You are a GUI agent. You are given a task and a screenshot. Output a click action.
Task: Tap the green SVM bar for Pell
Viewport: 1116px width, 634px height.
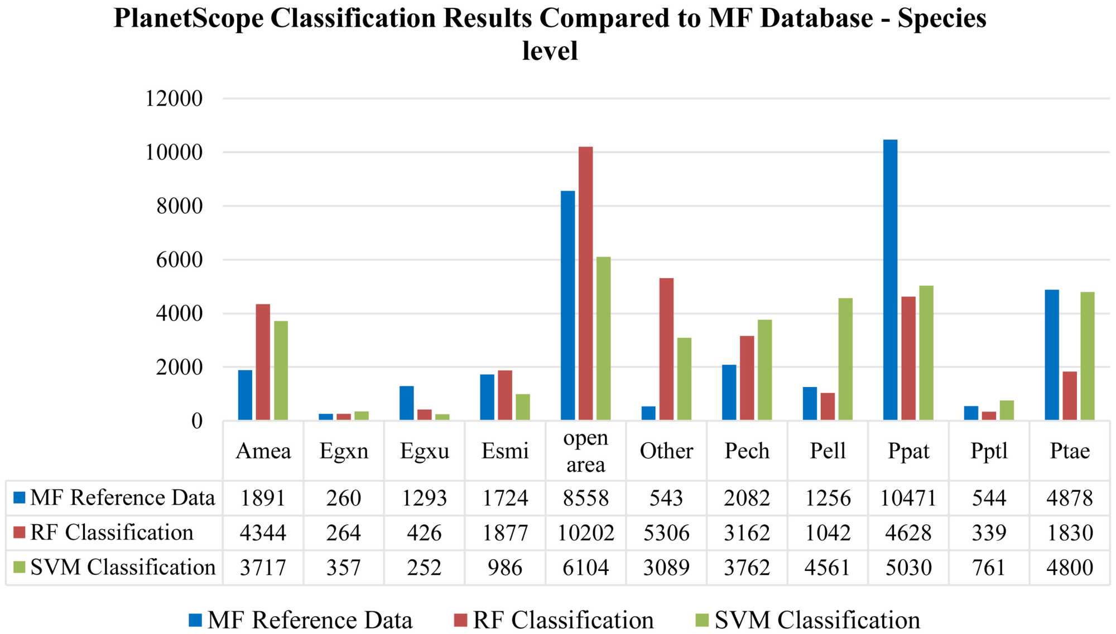(x=845, y=359)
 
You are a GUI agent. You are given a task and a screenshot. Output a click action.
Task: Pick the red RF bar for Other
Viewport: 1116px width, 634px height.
(x=666, y=349)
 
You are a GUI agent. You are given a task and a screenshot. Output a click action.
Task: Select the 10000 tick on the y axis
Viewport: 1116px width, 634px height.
(x=174, y=152)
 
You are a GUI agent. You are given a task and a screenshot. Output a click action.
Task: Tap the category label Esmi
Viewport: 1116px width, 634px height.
(x=505, y=451)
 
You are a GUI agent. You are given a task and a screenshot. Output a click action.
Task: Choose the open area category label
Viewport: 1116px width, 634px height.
(x=585, y=451)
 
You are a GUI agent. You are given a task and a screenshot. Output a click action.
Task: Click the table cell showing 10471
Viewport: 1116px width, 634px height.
(x=908, y=498)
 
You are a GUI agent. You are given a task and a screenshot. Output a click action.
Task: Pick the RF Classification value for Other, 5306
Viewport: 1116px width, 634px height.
(x=666, y=533)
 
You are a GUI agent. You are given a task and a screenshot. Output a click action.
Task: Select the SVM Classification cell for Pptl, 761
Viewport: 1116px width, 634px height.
(x=988, y=568)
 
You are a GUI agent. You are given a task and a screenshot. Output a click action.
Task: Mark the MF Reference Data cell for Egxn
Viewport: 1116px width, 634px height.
(x=344, y=498)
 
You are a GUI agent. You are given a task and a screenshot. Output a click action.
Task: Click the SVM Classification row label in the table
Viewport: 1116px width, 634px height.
(x=122, y=567)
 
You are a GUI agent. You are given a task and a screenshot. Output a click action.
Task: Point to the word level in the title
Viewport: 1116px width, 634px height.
(x=550, y=51)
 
